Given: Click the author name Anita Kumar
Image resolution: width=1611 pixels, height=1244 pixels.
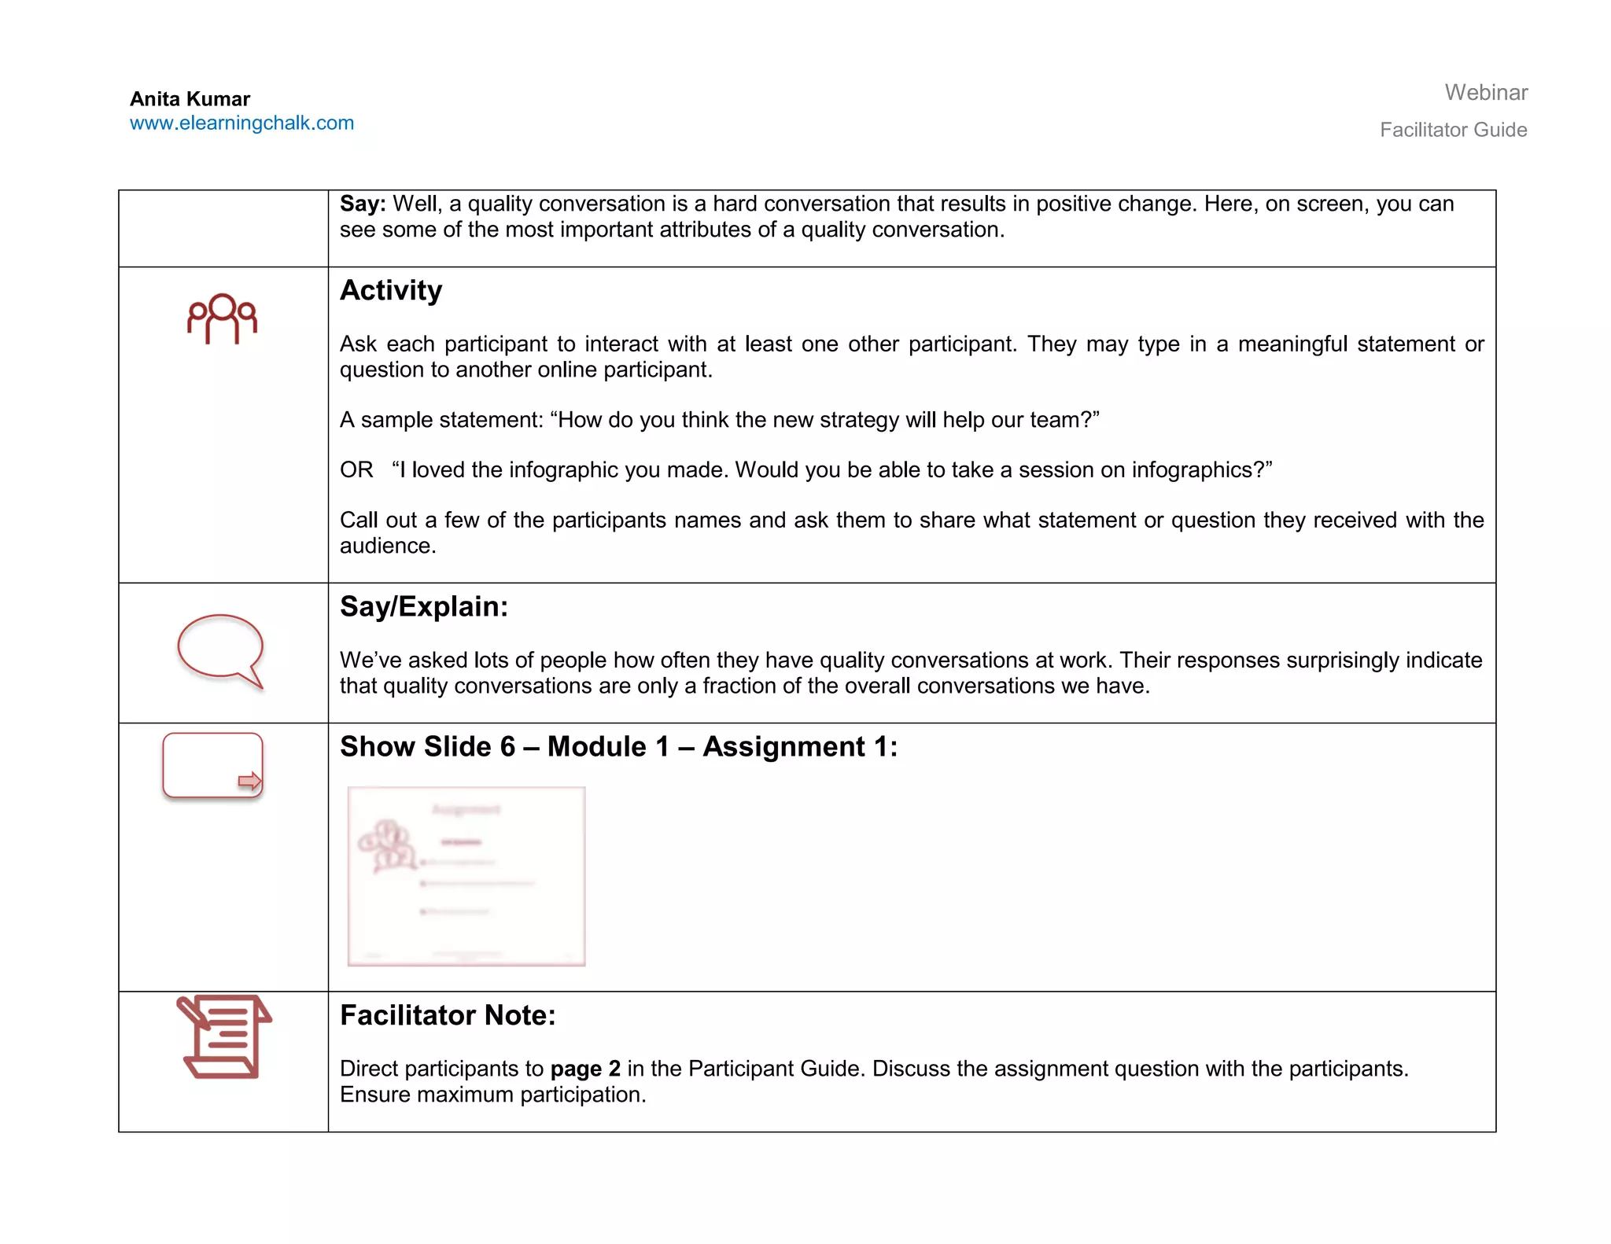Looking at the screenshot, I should (190, 99).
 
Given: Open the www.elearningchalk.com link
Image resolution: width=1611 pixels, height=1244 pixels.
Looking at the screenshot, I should (241, 123).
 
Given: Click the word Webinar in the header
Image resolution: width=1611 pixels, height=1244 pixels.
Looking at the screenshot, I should (1485, 93).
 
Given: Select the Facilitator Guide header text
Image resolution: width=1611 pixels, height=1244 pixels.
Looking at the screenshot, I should (1453, 130).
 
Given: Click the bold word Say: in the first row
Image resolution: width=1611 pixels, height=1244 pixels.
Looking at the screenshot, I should (363, 204).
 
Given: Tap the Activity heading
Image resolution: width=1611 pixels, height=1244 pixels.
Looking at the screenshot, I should (391, 291).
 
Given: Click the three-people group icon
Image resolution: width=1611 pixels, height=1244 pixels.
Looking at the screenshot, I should (222, 318).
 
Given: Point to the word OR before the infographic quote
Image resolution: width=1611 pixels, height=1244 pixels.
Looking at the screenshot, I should (356, 470).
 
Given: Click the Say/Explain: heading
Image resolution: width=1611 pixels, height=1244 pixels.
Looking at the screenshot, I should (424, 607).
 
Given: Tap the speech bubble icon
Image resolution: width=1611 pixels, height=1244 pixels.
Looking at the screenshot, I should (219, 649).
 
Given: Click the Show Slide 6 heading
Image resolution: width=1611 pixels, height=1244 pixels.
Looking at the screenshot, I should (617, 747).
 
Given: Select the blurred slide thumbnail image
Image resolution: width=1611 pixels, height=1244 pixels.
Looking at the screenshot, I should (466, 876).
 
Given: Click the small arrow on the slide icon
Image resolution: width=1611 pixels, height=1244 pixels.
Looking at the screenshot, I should (249, 781).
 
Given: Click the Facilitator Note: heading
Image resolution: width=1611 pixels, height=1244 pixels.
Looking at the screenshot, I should (448, 1016).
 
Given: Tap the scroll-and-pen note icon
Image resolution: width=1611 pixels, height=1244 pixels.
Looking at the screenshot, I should (223, 1036).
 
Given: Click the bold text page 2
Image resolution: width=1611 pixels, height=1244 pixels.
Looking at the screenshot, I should (585, 1069).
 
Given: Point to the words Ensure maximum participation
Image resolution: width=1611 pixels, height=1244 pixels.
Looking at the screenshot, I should (492, 1095).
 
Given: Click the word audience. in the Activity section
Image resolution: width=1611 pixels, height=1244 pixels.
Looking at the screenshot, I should (388, 547).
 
